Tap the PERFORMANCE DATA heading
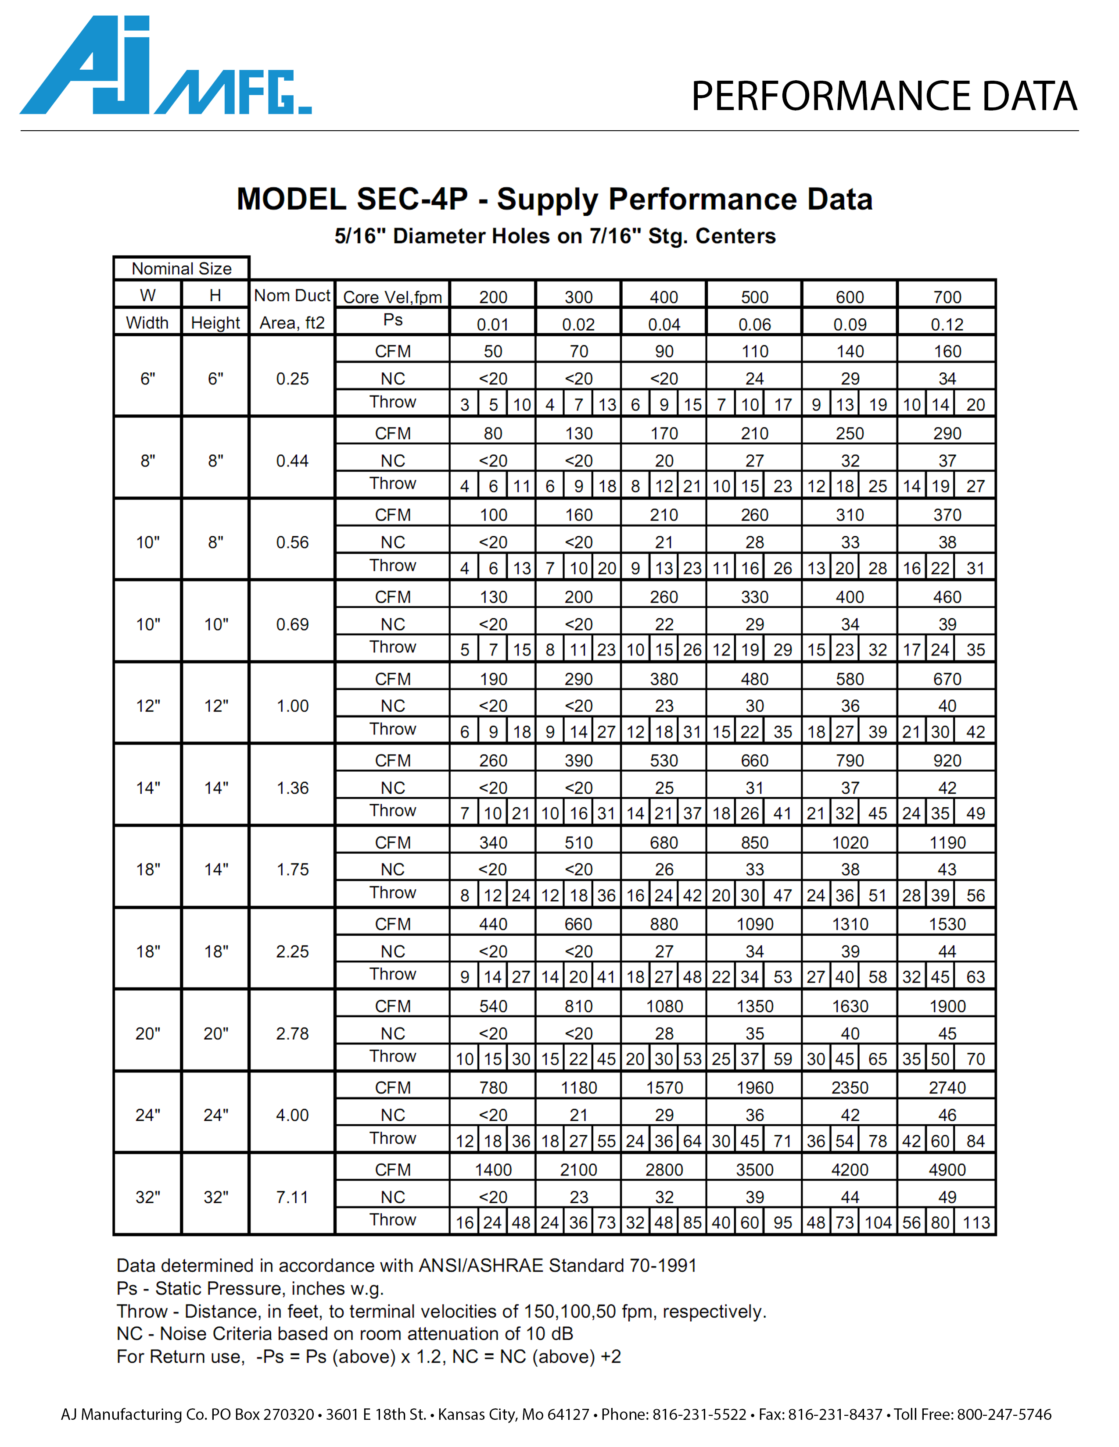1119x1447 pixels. pyautogui.click(x=884, y=96)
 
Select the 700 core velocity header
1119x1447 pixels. pyautogui.click(x=947, y=297)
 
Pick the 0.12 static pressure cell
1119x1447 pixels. pyautogui.click(x=947, y=324)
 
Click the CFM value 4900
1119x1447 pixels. pyautogui.click(x=947, y=1169)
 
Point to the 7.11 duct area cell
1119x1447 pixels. pyautogui.click(x=292, y=1197)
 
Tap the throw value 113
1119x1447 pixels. pyautogui.click(x=976, y=1222)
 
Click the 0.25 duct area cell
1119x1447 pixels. pyautogui.click(x=292, y=378)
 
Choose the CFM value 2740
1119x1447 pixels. pyautogui.click(x=947, y=1087)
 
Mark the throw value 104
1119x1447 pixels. pyautogui.click(x=878, y=1222)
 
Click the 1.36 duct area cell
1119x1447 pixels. pyautogui.click(x=292, y=788)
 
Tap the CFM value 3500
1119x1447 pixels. pyautogui.click(x=754, y=1169)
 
